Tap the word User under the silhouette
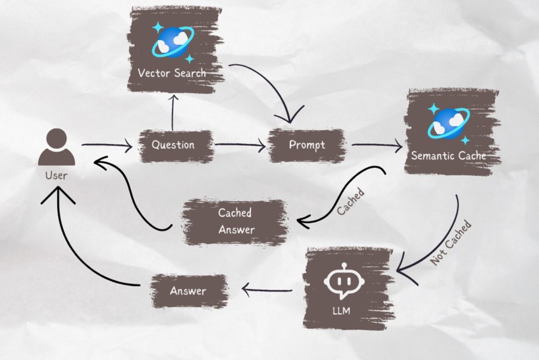(56, 176)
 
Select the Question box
(173, 145)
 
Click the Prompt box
(306, 145)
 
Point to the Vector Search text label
(171, 73)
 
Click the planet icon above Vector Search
(172, 41)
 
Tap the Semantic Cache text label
(448, 156)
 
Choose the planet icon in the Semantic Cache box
(448, 122)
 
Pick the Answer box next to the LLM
(188, 291)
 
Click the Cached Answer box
(235, 220)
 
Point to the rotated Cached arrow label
(351, 203)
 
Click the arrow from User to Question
(107, 145)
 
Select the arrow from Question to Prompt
(240, 145)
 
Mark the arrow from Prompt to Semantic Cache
(376, 145)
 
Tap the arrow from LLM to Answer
(267, 292)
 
